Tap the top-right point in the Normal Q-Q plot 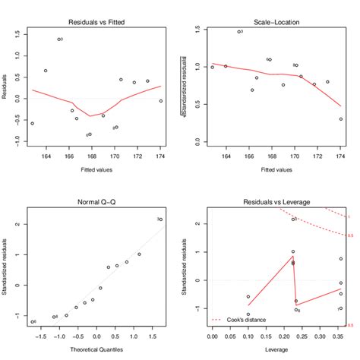coord(160,219)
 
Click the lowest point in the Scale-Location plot coord(341,119)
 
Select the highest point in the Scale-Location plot coord(238,32)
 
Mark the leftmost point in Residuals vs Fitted coord(32,123)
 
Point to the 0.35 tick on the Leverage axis coord(340,335)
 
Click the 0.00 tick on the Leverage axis coord(213,335)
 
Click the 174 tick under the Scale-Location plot coord(341,157)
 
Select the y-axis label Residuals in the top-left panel coord(6,85)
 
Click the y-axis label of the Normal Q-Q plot coord(6,269)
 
